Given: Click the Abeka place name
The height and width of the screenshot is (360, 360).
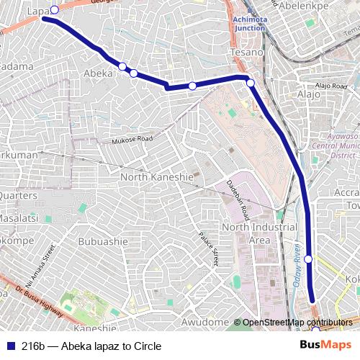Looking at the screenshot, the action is pos(99,73).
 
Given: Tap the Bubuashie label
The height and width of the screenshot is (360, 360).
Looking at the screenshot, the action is pos(100,241).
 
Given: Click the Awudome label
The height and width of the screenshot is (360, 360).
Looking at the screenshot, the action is pos(205,321).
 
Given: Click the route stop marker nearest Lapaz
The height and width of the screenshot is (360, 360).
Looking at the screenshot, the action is pos(54,9).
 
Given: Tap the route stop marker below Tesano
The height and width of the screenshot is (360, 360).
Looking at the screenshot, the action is pos(251,84).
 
